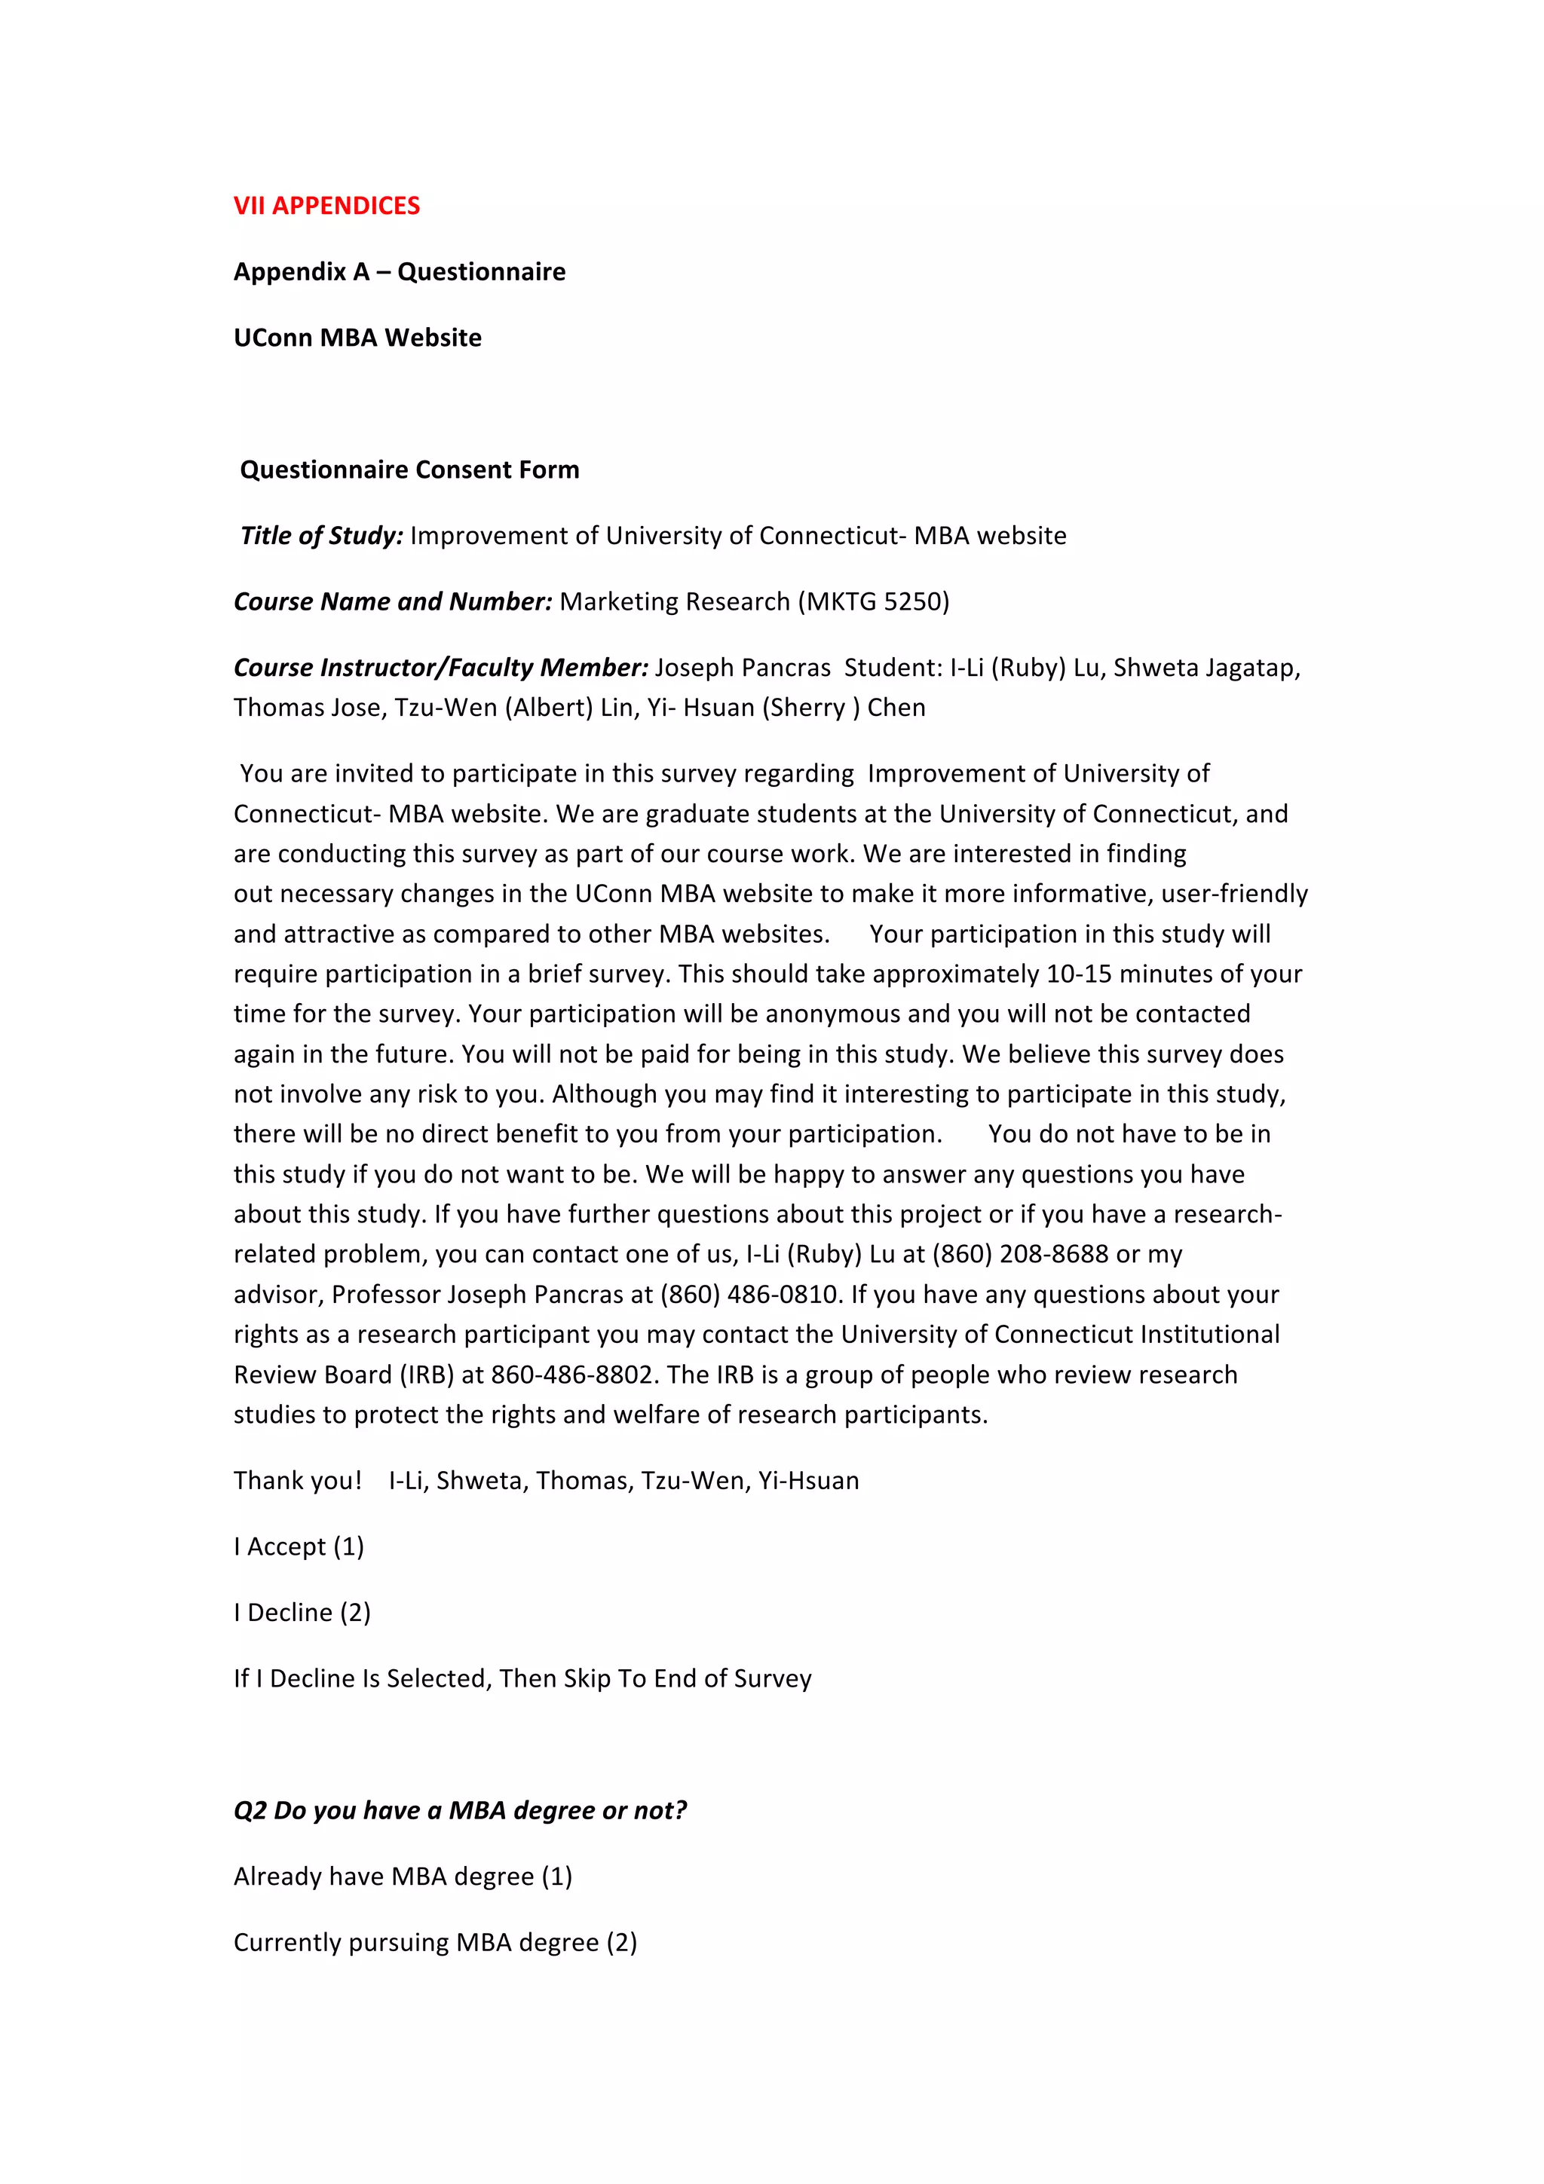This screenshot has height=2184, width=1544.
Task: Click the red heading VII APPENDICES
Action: point(326,206)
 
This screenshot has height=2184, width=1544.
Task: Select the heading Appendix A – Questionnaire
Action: point(400,272)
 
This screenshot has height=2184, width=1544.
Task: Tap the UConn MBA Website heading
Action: point(357,338)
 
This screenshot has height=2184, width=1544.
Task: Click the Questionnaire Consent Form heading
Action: point(409,470)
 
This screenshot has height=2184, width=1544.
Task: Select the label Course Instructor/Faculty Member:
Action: point(440,668)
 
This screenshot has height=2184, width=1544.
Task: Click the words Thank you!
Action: point(298,1480)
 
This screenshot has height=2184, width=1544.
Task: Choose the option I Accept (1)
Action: point(299,1546)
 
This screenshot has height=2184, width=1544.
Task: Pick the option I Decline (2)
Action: point(302,1612)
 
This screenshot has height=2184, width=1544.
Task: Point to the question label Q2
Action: point(250,1810)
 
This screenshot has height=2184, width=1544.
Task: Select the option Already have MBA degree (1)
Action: point(403,1877)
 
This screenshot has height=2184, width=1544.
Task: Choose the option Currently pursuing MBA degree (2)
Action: point(435,1942)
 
